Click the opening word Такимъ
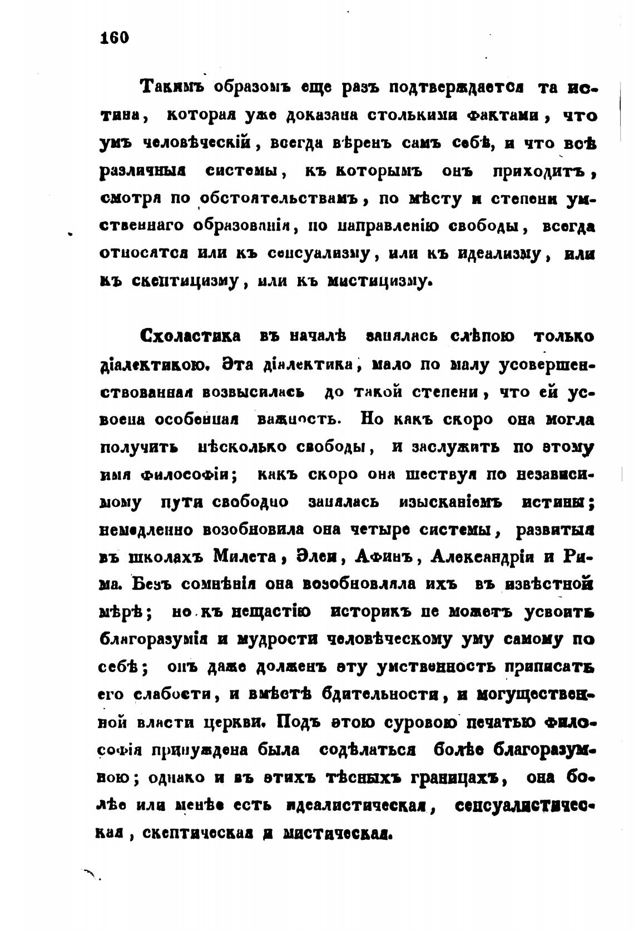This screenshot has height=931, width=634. point(173,88)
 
